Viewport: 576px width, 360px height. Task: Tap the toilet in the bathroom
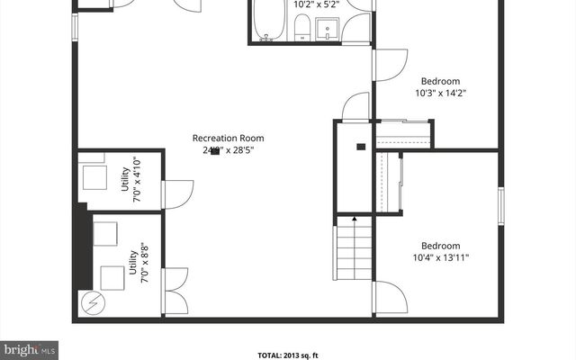(303, 28)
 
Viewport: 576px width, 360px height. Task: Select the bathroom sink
(327, 28)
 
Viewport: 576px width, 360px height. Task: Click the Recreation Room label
(228, 138)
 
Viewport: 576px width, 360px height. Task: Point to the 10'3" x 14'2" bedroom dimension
(440, 92)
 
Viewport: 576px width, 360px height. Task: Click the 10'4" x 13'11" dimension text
(441, 257)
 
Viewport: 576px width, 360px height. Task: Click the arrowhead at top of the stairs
(354, 218)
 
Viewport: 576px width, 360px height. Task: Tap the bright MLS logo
(30, 347)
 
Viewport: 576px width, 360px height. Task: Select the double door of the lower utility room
(175, 291)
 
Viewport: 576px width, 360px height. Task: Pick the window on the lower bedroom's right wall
(500, 204)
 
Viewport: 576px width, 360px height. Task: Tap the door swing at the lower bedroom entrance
(391, 297)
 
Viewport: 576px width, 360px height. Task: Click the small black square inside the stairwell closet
(360, 146)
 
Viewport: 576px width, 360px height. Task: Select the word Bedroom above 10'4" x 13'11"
(441, 246)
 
